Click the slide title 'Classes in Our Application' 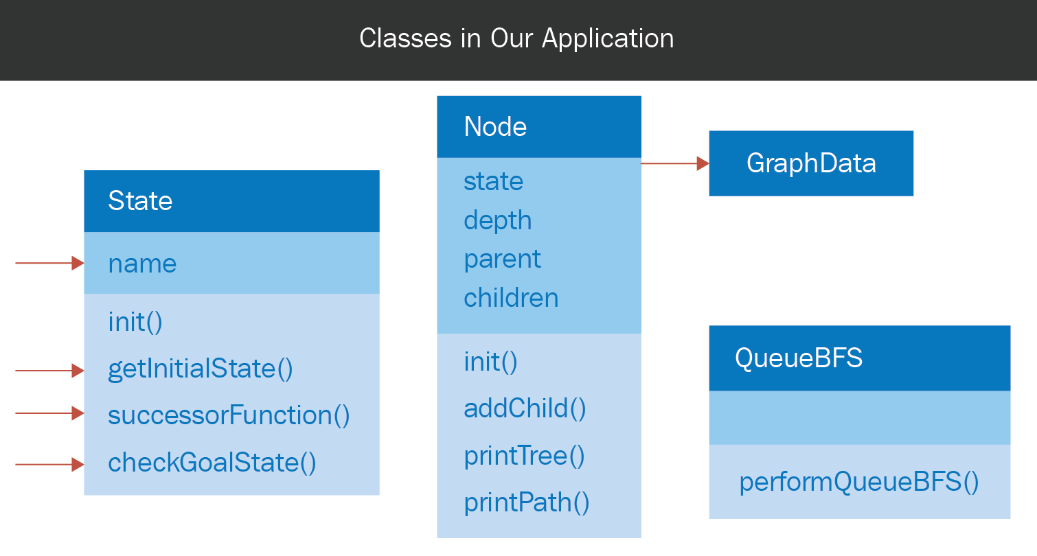516,38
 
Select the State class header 231,201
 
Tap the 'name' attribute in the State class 142,264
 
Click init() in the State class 135,322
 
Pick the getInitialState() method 200,369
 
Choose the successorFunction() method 229,415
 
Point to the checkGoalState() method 212,463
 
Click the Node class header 539,127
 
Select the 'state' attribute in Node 494,181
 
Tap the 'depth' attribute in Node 498,220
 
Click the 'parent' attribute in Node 502,259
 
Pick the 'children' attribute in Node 511,297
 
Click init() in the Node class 491,362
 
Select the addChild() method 525,408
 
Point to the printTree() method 525,456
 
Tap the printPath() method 527,503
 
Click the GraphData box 811,163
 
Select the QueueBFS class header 860,358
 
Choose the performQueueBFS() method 858,482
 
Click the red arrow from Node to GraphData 675,163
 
